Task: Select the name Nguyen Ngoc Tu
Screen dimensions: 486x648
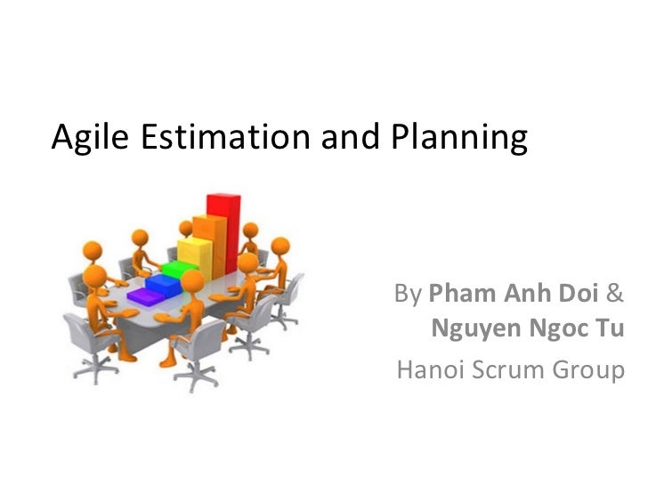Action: pos(527,330)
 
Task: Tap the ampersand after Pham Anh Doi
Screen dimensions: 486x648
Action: pos(615,294)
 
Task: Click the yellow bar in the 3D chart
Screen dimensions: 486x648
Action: pos(190,252)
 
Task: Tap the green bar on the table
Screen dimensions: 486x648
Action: pos(174,267)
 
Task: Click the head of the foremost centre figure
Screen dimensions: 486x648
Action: pos(191,283)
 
